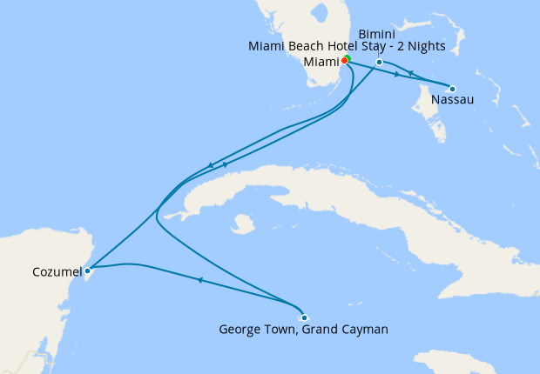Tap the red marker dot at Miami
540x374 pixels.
[345, 61]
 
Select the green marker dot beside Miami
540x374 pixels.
[348, 58]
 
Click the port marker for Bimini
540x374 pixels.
[380, 63]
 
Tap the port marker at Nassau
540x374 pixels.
[452, 88]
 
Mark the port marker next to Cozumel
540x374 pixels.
[88, 270]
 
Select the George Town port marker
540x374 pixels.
[304, 317]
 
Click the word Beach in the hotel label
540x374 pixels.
[289, 46]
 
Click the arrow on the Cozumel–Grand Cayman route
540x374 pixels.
[200, 280]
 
